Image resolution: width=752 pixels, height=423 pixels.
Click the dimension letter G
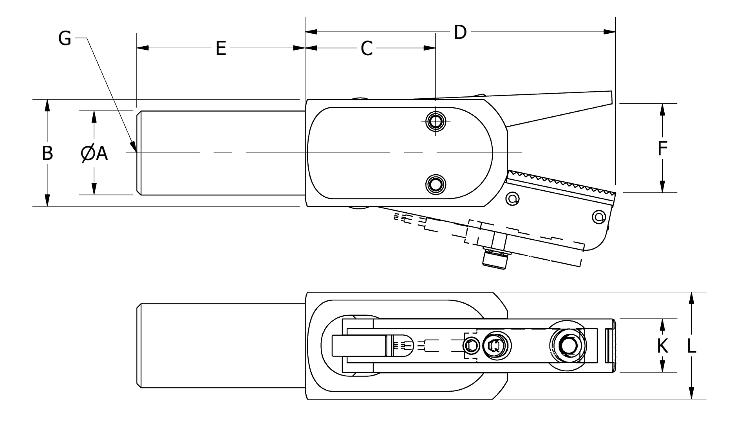65,39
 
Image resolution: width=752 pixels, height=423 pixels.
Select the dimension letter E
221,49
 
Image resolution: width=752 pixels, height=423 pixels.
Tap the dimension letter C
367,49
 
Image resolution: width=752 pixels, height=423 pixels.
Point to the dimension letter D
460,32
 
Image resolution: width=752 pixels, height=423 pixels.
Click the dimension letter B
47,153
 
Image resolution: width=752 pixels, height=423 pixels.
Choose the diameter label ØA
94,153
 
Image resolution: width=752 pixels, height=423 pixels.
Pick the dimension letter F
662,149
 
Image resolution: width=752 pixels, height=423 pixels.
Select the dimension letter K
662,346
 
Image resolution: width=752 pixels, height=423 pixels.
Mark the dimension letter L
692,346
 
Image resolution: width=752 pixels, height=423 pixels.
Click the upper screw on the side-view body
436,121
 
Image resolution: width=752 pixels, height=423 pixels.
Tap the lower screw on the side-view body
436,184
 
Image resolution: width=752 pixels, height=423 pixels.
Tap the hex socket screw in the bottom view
470,346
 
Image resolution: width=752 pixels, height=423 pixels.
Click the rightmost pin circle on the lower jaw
599,217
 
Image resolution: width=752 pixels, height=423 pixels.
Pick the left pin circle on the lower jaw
512,199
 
